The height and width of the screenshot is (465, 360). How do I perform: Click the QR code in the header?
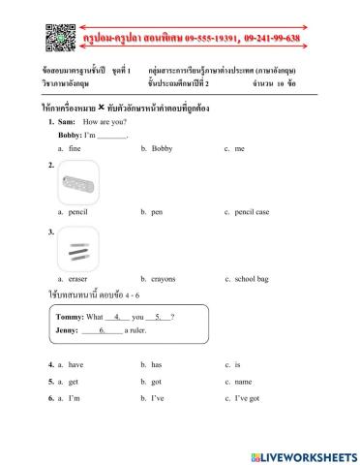pos(61,39)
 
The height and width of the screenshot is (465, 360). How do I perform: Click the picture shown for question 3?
pos(78,249)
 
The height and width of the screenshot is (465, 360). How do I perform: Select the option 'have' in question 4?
pos(75,364)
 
